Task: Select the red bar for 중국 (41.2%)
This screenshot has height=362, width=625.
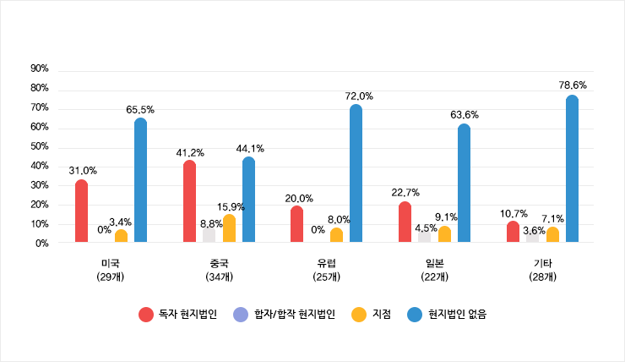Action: click(189, 202)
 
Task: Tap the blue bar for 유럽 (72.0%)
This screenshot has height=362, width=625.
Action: click(356, 174)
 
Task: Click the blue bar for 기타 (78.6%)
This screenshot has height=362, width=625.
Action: click(572, 169)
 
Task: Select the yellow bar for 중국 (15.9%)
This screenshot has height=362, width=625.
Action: click(229, 228)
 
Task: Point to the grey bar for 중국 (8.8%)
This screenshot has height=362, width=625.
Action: click(209, 234)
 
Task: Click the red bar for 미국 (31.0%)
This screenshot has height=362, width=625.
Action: click(81, 211)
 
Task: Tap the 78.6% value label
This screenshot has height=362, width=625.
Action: click(573, 85)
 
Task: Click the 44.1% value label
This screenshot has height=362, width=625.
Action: click(250, 148)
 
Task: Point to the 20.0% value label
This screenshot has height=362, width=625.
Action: click(299, 198)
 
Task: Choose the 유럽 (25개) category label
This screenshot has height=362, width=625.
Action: click(326, 270)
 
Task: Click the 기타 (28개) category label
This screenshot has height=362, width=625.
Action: click(542, 270)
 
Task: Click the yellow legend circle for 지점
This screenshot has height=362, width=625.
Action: click(359, 315)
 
